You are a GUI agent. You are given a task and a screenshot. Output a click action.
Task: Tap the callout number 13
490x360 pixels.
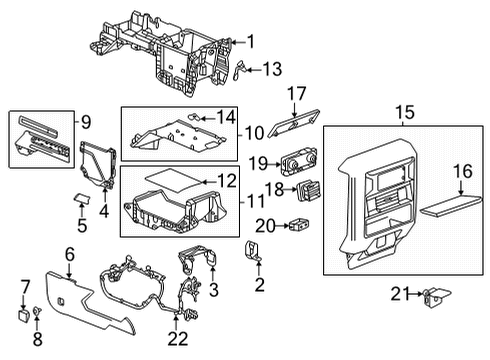(271, 68)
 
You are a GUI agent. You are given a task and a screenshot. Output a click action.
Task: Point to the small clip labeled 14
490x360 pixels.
(196, 116)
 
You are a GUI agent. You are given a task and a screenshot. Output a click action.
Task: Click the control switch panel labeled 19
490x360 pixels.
(295, 164)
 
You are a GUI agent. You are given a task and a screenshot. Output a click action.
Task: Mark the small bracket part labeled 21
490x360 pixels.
(434, 294)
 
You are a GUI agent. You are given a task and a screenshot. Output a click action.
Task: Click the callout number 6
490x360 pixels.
(69, 255)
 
